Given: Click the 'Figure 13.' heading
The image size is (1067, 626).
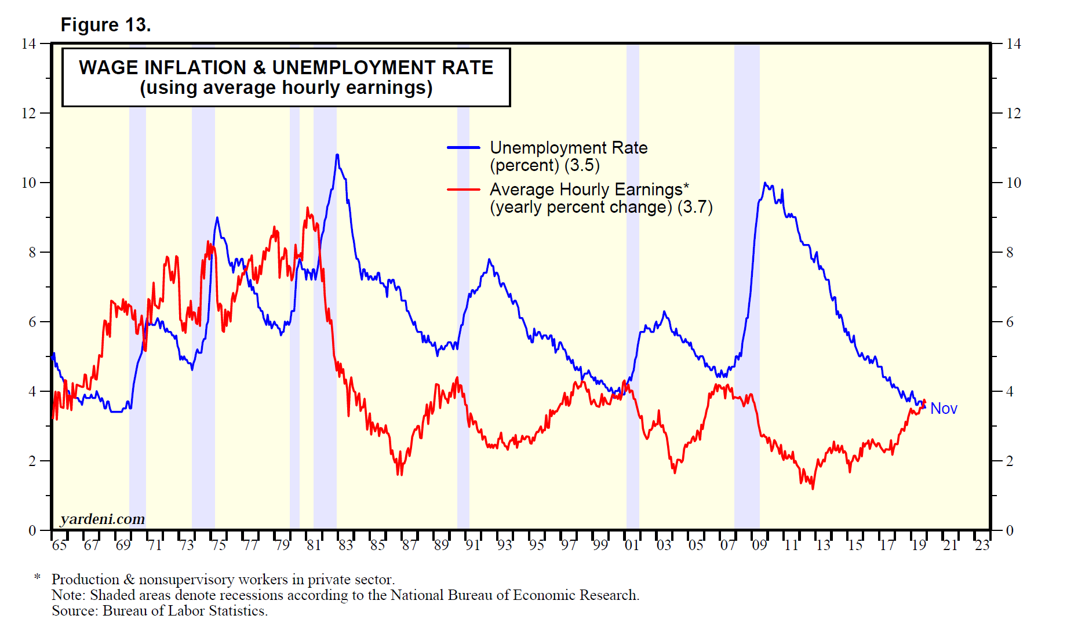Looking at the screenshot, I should click(x=105, y=25).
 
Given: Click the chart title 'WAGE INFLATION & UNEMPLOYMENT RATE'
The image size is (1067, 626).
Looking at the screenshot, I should click(x=286, y=68).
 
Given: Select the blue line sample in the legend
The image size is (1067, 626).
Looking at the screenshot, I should click(x=464, y=148).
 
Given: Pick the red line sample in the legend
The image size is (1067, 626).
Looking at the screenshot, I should click(x=464, y=190).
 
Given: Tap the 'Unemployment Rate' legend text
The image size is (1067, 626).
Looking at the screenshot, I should click(x=569, y=148).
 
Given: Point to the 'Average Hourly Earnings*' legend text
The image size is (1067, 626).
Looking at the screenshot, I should click(x=589, y=190).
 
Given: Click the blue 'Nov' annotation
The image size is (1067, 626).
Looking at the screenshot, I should click(x=944, y=409).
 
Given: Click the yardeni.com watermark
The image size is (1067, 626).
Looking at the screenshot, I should click(x=103, y=519).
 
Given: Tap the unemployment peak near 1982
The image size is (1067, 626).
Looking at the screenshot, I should click(x=337, y=155).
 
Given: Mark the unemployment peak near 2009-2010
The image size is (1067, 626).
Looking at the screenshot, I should click(x=765, y=183).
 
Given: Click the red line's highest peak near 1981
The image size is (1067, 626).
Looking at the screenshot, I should click(x=308, y=208).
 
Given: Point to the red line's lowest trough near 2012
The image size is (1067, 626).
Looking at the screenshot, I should click(x=813, y=489).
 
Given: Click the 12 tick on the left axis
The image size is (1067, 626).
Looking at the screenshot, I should click(x=29, y=113).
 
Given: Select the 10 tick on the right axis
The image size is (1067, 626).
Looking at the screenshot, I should click(x=1013, y=183).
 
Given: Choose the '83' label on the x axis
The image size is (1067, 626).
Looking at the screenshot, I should click(x=345, y=545).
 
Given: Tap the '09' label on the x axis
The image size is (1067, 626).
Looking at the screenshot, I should click(x=759, y=545).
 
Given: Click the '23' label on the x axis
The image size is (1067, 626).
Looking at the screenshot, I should click(x=982, y=545).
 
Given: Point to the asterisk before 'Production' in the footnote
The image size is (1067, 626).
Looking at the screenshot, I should click(x=38, y=577).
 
